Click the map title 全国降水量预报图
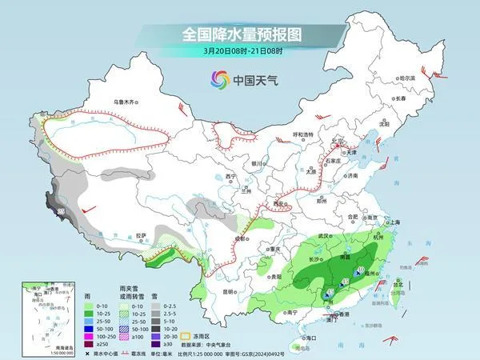(x=239, y=34)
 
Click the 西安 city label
(x=279, y=204)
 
